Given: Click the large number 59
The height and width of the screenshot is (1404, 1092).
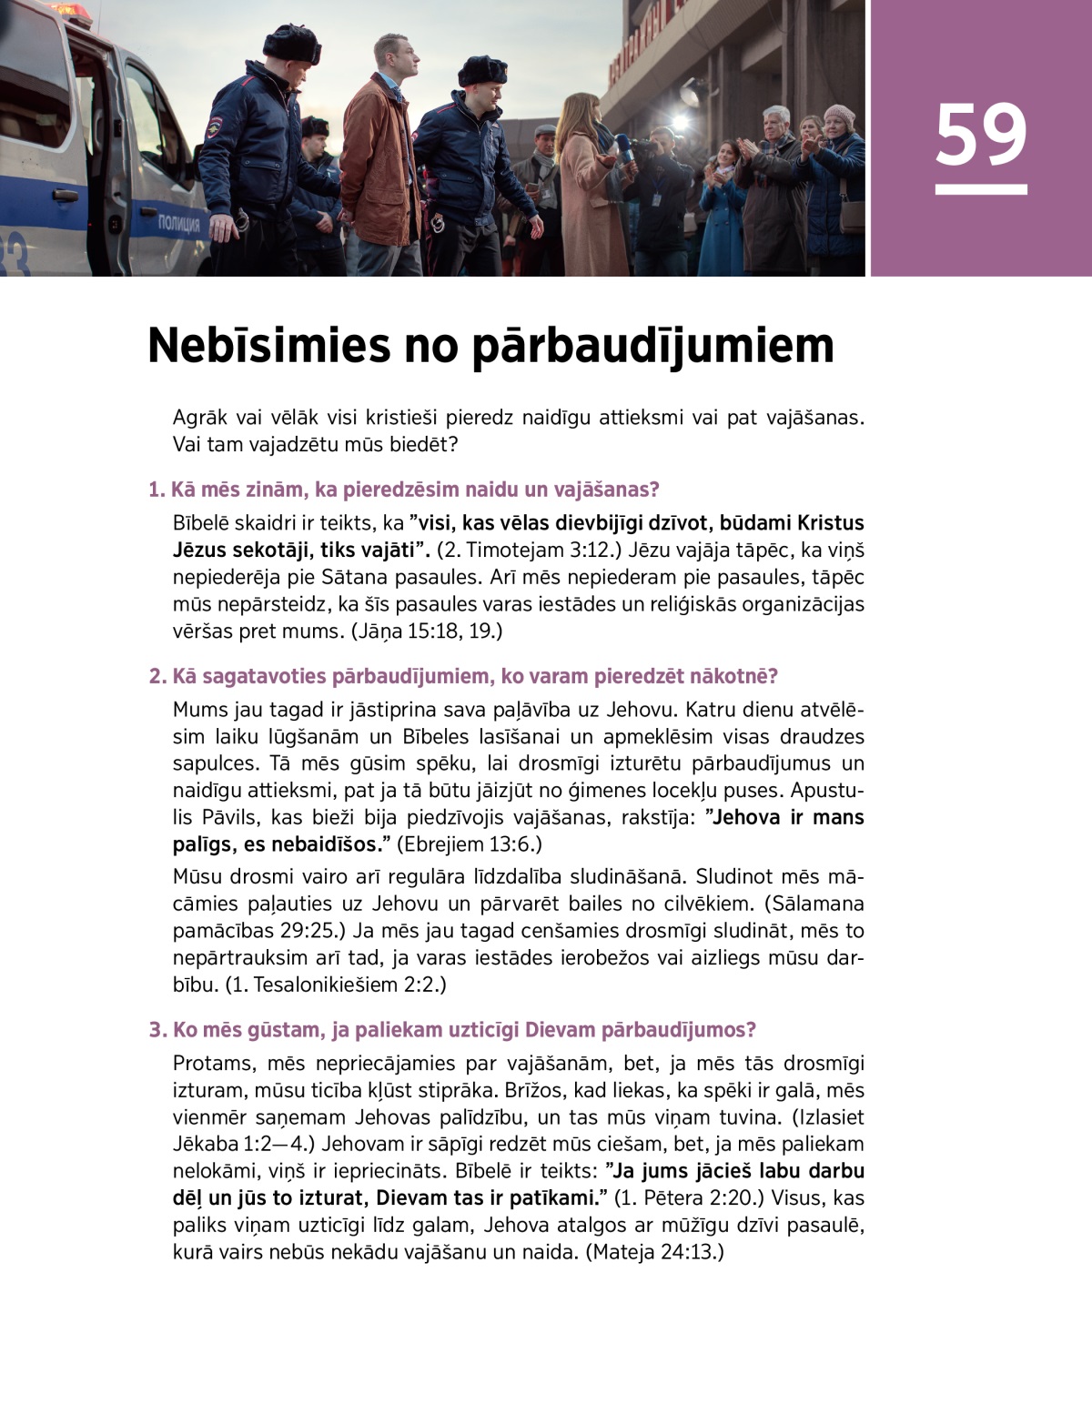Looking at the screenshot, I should (980, 135).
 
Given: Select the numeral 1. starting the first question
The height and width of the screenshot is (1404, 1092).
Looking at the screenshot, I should (157, 490).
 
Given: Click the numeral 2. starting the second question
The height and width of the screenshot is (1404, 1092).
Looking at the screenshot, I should (157, 676).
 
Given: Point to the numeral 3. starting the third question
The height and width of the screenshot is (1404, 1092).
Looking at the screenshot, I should (157, 1030).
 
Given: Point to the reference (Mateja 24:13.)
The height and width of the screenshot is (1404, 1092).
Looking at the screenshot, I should (653, 1252).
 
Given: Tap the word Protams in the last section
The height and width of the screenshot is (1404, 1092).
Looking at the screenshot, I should (212, 1064).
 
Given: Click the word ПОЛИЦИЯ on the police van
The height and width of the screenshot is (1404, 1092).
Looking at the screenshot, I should (178, 224).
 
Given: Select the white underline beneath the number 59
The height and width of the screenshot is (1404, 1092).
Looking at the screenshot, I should (981, 189).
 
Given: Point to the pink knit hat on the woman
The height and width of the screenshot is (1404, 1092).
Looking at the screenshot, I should (838, 116).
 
